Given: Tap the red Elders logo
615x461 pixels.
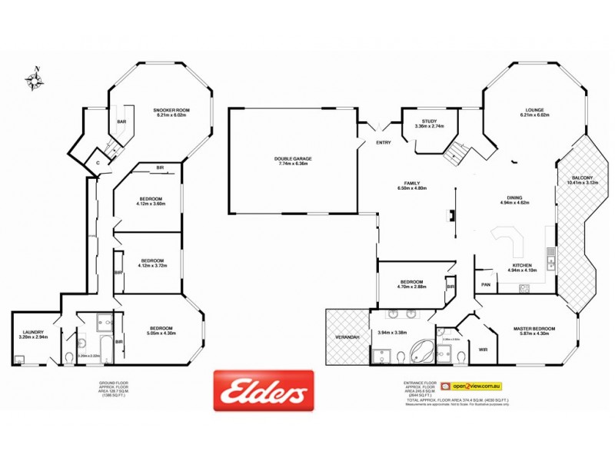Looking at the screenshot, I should (264, 390).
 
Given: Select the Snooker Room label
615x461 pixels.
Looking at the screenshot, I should (171, 110).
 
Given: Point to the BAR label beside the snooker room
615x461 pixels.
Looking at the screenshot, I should (121, 121).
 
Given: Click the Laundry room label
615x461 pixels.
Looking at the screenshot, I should (33, 332).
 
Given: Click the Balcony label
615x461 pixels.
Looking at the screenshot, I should (581, 177).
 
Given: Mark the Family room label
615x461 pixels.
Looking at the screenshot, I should (411, 183).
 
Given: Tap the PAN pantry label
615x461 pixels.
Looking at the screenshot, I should (485, 284).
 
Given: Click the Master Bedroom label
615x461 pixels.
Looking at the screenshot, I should (534, 328).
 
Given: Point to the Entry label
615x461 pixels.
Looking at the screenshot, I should (383, 143).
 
